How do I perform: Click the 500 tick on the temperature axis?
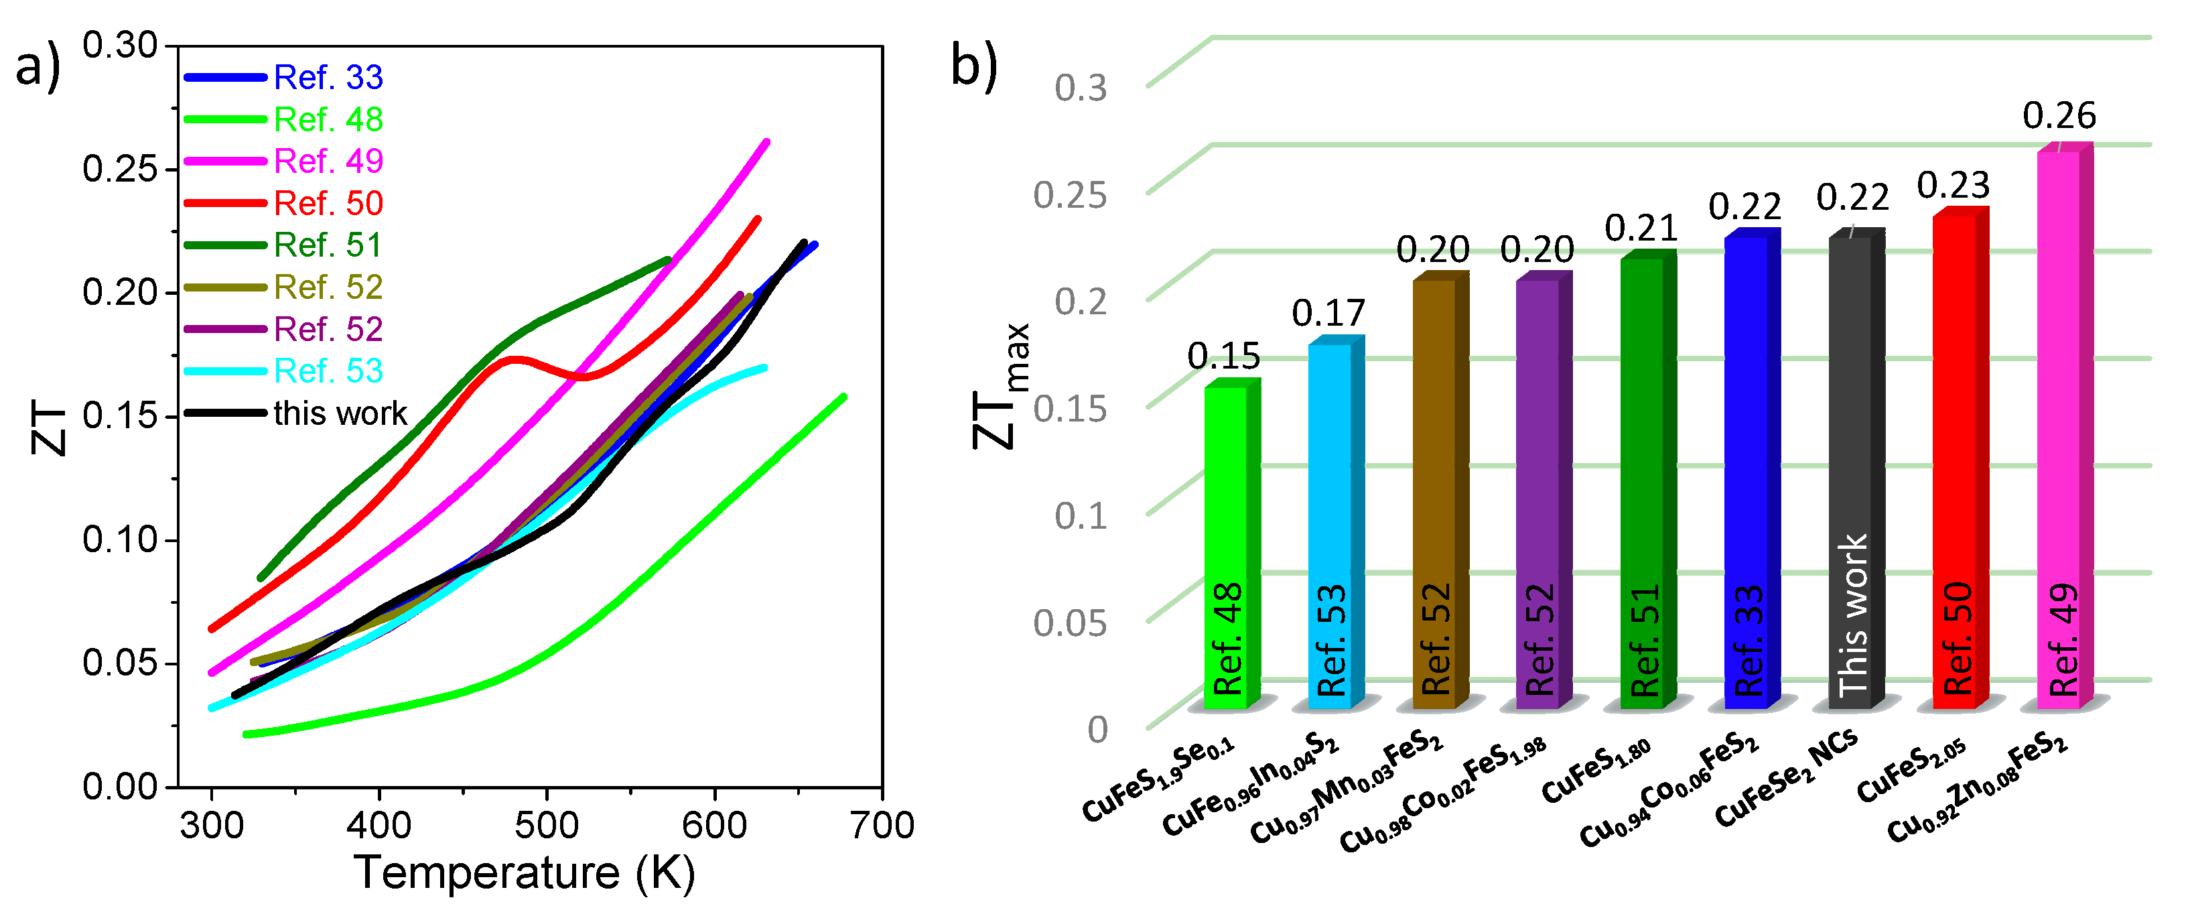pyautogui.click(x=547, y=825)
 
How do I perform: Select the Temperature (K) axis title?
pyautogui.click(x=525, y=872)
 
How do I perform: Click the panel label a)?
pyautogui.click(x=38, y=67)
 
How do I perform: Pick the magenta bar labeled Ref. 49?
pyautogui.click(x=2058, y=426)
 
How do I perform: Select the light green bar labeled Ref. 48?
pyautogui.click(x=1226, y=544)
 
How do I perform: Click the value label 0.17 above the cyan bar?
pyautogui.click(x=1328, y=313)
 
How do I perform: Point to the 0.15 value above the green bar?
pyautogui.click(x=1223, y=356)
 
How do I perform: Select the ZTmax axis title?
pyautogui.click(x=1001, y=387)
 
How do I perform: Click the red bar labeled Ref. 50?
pyautogui.click(x=1954, y=459)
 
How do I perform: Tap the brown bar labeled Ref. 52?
pyautogui.click(x=1434, y=493)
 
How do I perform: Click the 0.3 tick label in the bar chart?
pyautogui.click(x=1081, y=88)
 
